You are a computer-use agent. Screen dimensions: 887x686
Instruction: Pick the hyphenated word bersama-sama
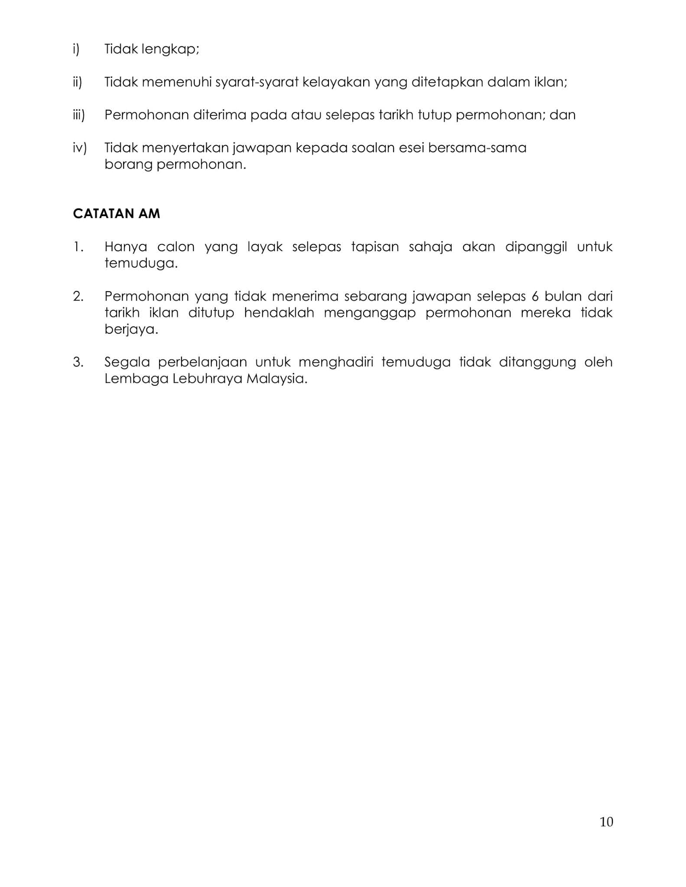[477, 148]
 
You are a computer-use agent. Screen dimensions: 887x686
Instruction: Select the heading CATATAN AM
[117, 214]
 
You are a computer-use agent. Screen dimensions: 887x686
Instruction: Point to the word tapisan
[375, 247]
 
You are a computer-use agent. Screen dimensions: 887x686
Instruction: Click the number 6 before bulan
[532, 297]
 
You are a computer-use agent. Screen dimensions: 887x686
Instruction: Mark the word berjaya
[131, 330]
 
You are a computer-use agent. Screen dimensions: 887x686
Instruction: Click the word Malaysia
[277, 379]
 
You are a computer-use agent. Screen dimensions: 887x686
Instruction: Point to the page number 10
[606, 822]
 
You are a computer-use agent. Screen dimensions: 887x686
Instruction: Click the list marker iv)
[79, 148]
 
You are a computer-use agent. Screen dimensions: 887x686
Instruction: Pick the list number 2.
[78, 297]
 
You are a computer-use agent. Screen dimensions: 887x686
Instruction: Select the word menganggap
[370, 313]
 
